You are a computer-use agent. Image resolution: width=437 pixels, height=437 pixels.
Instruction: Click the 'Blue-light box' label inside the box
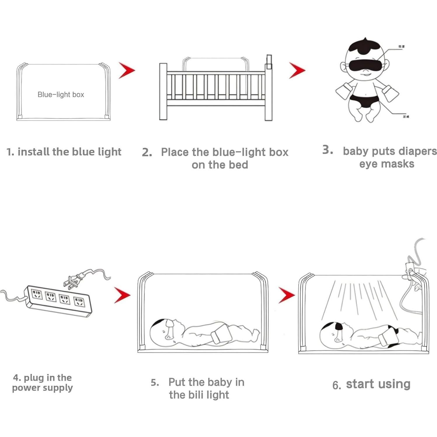[x=61, y=95]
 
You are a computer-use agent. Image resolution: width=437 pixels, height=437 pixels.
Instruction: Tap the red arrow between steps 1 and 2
[x=127, y=70]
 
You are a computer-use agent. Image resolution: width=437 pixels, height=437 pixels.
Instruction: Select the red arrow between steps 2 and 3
[x=297, y=70]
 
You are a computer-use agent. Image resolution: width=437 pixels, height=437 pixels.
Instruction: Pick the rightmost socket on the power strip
[x=79, y=302]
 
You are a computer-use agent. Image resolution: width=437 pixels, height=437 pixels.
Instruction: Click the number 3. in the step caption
[x=328, y=150]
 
